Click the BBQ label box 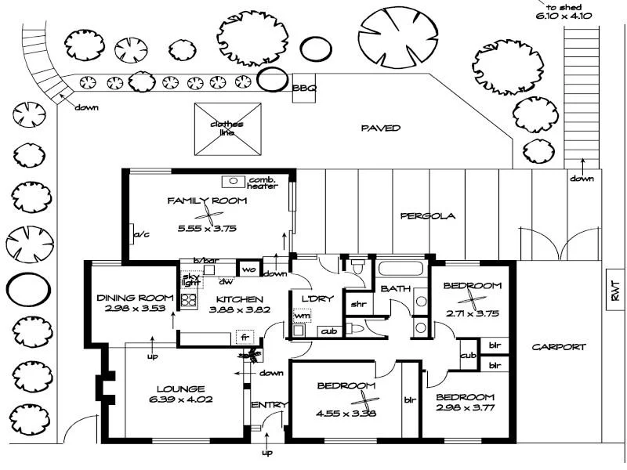click(x=304, y=89)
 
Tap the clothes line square click(x=228, y=128)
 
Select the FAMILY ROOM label click(x=208, y=201)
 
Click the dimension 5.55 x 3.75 click(x=207, y=229)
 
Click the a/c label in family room click(x=141, y=234)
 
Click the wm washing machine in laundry click(x=302, y=316)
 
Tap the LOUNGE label click(x=180, y=389)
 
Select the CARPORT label click(x=558, y=347)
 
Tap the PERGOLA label click(x=428, y=216)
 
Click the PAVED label click(x=381, y=128)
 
